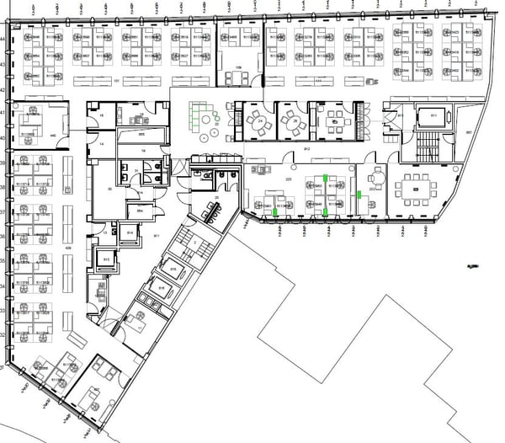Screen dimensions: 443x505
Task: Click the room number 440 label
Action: [53, 135]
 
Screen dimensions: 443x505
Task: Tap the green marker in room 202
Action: [359, 195]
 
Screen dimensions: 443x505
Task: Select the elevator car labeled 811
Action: [434, 115]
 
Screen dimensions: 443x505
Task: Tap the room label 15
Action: [101, 115]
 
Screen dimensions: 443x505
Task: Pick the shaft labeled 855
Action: [142, 135]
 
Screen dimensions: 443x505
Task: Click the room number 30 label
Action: [110, 189]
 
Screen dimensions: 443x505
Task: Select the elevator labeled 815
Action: [173, 270]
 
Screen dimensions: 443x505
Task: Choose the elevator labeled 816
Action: [161, 289]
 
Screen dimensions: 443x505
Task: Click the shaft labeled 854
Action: [141, 211]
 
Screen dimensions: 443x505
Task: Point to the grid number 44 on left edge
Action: [3, 39]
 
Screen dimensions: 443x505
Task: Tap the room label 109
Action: [238, 67]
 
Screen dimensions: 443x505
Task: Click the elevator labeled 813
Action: [401, 115]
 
